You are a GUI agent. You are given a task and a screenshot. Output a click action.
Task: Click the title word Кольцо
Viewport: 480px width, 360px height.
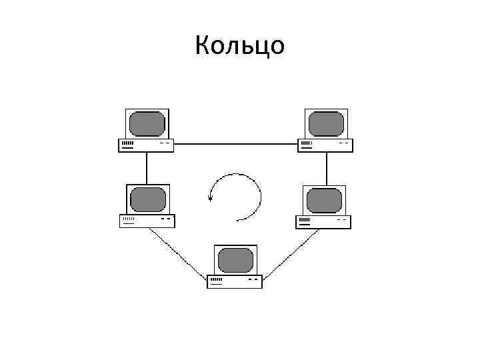tap(240, 46)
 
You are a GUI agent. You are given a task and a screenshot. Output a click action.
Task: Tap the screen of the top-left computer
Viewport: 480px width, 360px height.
tap(147, 124)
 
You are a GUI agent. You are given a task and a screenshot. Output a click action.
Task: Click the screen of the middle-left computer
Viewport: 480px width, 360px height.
tap(147, 200)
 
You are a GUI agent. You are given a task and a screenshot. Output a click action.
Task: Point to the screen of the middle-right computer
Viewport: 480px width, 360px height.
tap(325, 200)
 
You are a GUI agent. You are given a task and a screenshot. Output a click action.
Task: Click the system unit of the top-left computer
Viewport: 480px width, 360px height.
tap(146, 145)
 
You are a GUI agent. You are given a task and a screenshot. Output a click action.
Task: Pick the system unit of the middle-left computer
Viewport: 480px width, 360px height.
tap(147, 221)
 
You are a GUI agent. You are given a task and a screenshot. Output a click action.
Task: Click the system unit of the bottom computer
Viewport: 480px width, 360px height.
tap(235, 281)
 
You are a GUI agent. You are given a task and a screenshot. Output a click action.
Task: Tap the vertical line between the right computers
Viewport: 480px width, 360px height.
tap(326, 167)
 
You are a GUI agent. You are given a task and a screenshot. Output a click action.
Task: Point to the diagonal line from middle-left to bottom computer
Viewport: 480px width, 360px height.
tap(177, 252)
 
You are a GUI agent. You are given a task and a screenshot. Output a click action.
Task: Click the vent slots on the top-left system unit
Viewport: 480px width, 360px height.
tap(127, 143)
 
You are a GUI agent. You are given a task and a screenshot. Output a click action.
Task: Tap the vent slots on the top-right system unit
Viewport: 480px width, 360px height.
tap(307, 143)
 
